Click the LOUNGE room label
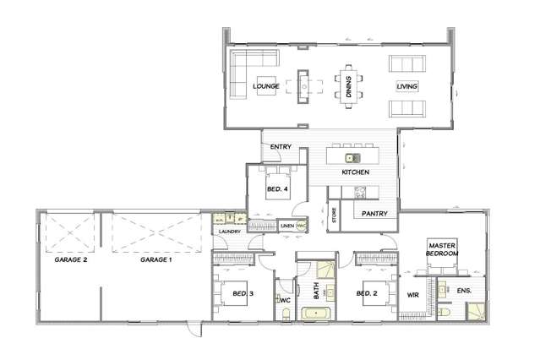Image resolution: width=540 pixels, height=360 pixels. [x=266, y=86]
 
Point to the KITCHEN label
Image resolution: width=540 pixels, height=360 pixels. [x=356, y=172]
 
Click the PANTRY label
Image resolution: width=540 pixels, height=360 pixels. [x=375, y=213]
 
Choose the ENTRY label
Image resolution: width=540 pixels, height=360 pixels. [x=281, y=147]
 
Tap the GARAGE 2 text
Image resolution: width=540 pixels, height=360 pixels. [x=72, y=260]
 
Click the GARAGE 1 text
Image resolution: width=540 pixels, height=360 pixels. [x=155, y=260]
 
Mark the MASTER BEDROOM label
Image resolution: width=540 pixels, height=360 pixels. [x=443, y=248]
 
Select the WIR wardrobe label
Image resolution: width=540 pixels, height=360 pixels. [x=413, y=295]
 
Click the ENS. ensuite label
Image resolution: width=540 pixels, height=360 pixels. [x=463, y=291]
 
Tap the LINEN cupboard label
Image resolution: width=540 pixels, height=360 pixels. [x=286, y=226]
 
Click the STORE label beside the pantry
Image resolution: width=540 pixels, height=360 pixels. [x=335, y=215]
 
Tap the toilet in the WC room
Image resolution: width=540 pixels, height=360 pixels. [x=285, y=314]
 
